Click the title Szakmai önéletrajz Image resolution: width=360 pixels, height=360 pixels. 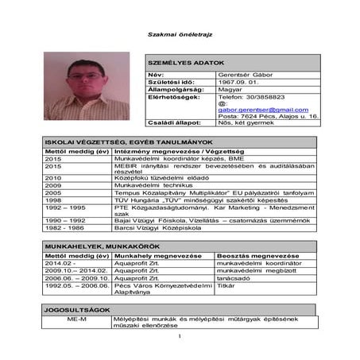[x=180, y=33]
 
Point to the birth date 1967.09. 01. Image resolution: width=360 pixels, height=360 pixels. [x=236, y=81]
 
